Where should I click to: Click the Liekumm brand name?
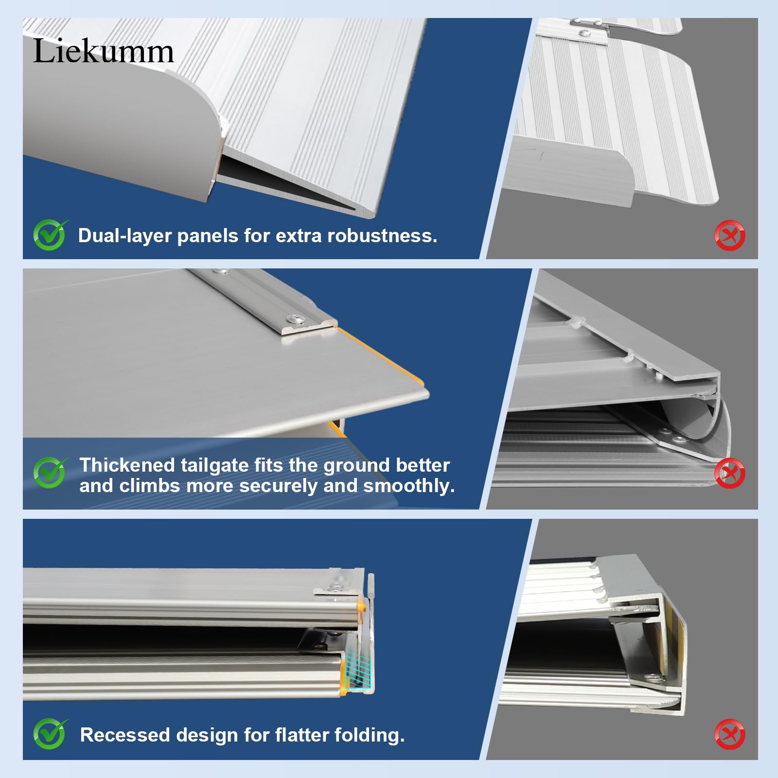coord(103,51)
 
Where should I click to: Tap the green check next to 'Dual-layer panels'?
coord(50,235)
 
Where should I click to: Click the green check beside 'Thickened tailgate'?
coord(50,473)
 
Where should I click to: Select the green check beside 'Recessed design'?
coord(50,734)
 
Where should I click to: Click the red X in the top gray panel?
coord(729,236)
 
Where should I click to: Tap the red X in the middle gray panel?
coord(729,473)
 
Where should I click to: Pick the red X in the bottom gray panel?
coord(729,734)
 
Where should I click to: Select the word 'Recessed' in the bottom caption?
coord(124,735)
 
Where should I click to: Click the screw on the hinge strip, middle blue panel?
coord(296,318)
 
